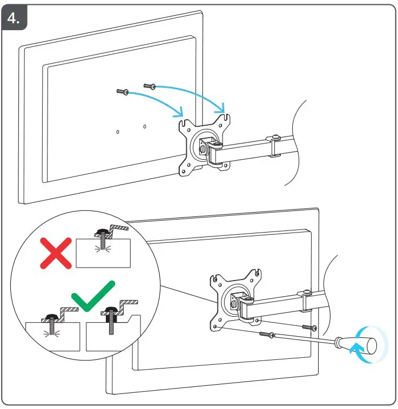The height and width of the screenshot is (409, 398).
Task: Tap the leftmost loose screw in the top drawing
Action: tap(122, 92)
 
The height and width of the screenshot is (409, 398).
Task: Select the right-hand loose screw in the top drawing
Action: tap(149, 86)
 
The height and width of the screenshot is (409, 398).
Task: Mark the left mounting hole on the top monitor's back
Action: tap(118, 131)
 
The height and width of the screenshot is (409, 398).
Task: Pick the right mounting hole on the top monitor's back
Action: tap(144, 127)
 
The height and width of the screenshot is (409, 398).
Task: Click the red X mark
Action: tap(56, 253)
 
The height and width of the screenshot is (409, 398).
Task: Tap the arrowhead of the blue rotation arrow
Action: tap(354, 351)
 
